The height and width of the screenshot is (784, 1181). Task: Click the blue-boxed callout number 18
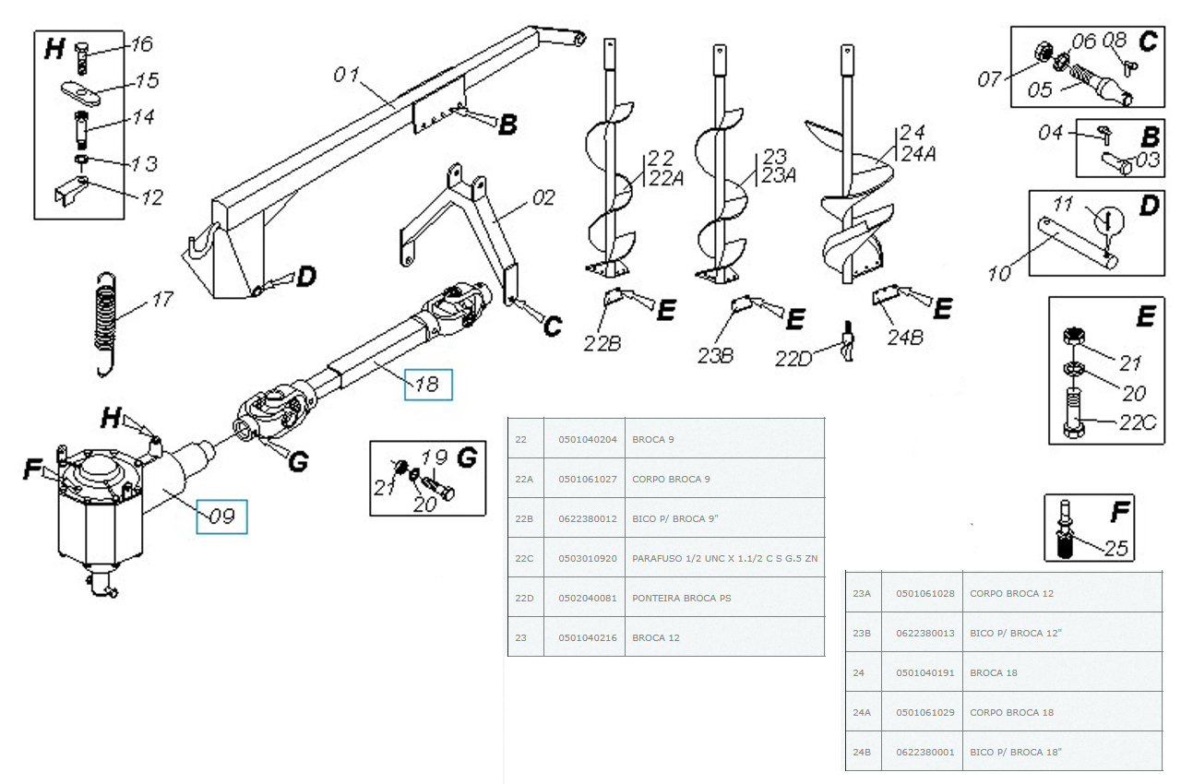click(x=427, y=384)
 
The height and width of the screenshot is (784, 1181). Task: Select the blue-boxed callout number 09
click(x=221, y=516)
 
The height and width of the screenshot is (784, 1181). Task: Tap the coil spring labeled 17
click(x=105, y=324)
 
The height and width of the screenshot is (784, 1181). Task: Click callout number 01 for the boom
click(x=346, y=75)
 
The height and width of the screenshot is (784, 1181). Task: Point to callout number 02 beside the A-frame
click(x=543, y=197)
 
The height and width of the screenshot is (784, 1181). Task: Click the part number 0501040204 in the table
click(x=588, y=439)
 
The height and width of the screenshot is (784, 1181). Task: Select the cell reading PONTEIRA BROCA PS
click(x=681, y=598)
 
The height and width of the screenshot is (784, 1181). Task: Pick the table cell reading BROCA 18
click(x=994, y=672)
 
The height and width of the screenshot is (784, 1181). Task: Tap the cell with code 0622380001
click(x=925, y=752)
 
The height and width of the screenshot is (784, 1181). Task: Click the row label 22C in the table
click(x=524, y=559)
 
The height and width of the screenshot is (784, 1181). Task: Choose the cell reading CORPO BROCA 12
click(x=1011, y=593)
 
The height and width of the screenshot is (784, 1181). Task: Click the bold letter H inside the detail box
click(x=54, y=49)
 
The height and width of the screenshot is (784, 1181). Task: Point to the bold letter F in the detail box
click(x=1120, y=511)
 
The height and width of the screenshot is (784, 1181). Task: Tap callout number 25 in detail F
click(x=1115, y=549)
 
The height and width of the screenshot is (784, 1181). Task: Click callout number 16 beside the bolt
click(x=141, y=43)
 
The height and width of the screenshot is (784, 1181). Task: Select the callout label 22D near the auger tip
click(x=793, y=359)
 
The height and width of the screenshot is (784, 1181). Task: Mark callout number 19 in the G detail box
click(x=435, y=457)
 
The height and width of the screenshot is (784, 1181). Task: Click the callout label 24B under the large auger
click(x=905, y=338)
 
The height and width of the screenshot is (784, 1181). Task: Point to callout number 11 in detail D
click(x=1063, y=203)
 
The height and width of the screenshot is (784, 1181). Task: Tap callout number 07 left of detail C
click(x=989, y=79)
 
